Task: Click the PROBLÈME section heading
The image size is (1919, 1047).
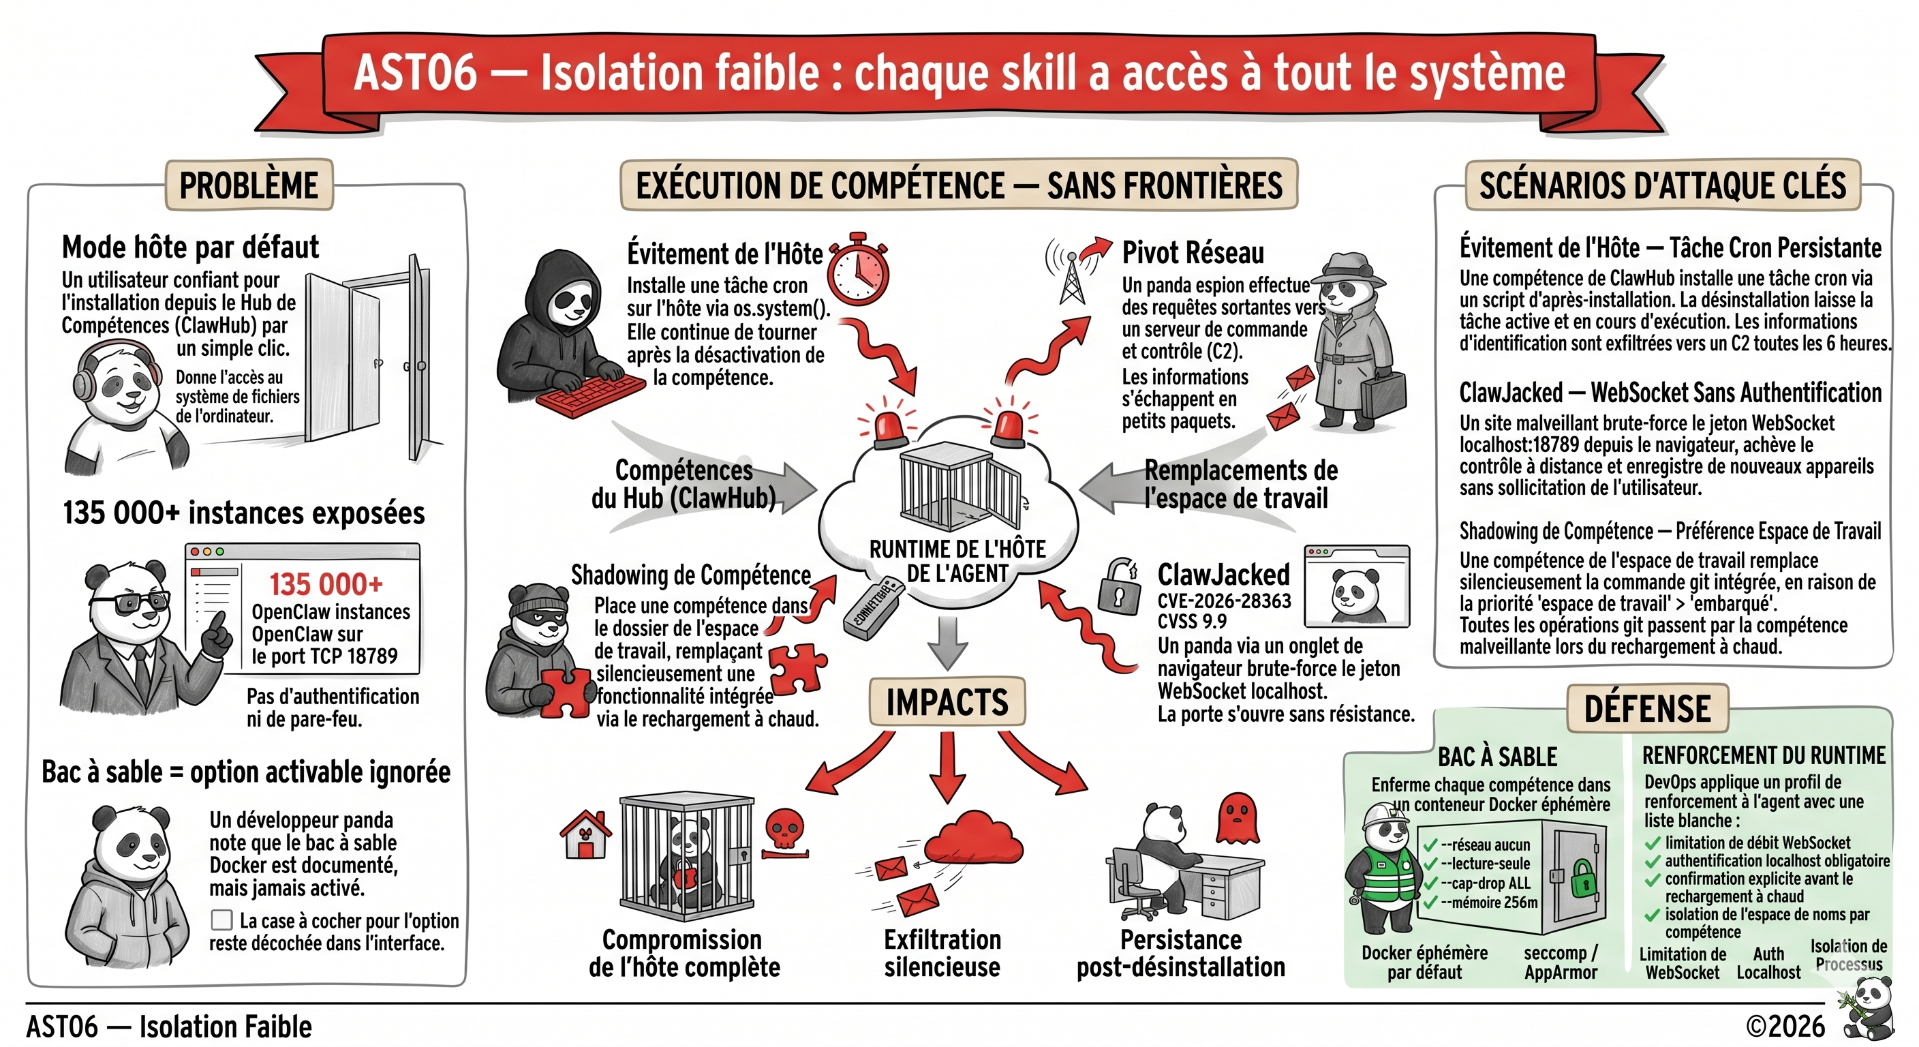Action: point(249,185)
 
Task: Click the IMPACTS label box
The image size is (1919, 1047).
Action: point(947,701)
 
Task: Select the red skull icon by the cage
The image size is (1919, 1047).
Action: point(784,832)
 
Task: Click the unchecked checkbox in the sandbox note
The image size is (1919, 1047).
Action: point(221,920)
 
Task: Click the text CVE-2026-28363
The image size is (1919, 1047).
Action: point(1224,601)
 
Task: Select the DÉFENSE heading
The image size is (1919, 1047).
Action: point(1647,708)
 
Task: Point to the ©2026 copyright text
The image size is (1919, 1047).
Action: point(1785,1026)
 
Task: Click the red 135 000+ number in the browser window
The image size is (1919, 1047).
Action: point(326,584)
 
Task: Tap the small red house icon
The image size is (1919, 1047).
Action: point(585,834)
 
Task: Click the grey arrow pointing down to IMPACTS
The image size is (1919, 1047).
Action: point(948,643)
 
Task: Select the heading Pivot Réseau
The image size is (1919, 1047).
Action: point(1193,254)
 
